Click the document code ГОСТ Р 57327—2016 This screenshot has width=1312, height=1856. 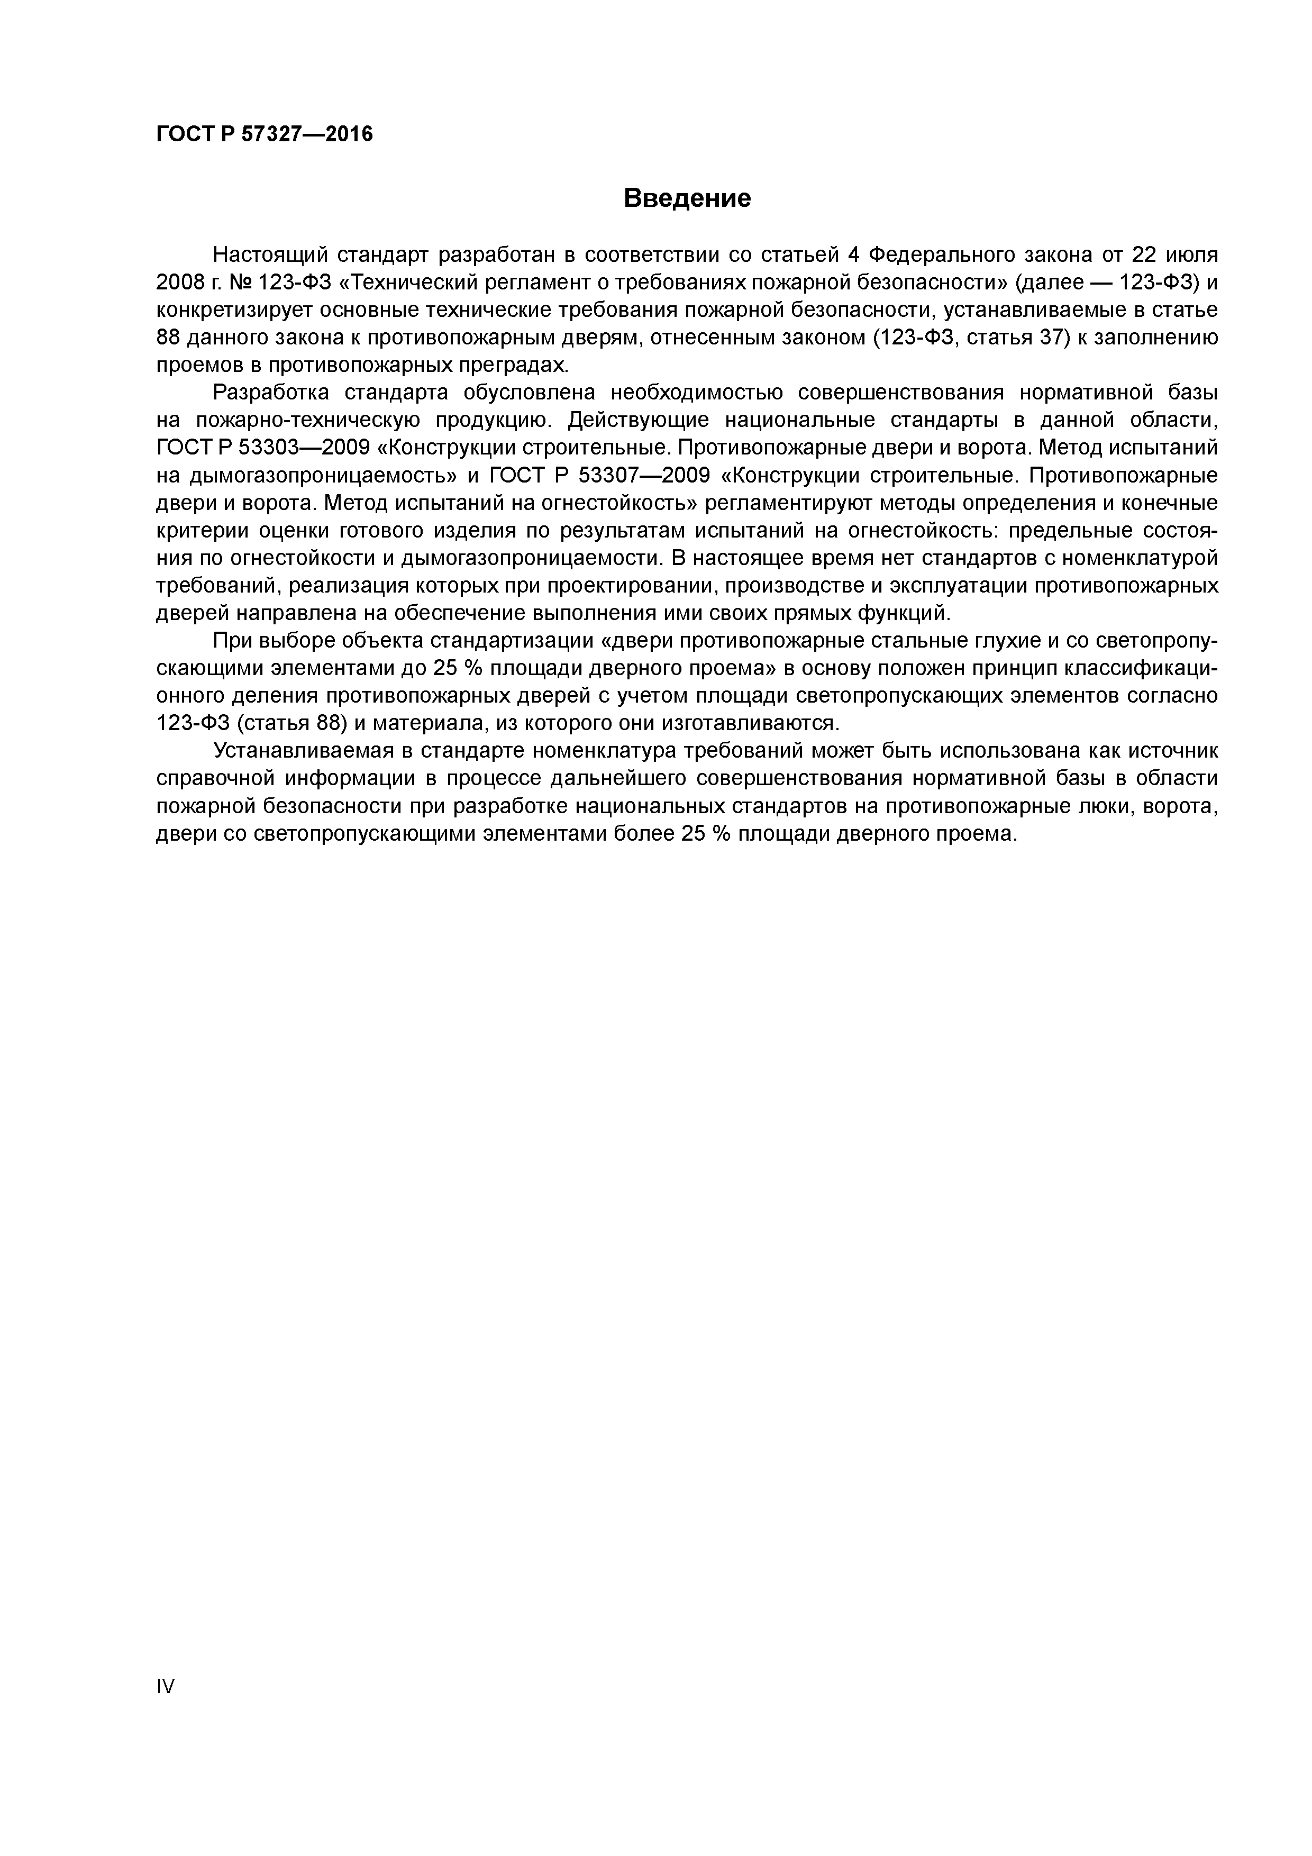pyautogui.click(x=265, y=134)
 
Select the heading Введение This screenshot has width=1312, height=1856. pyautogui.click(x=687, y=198)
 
